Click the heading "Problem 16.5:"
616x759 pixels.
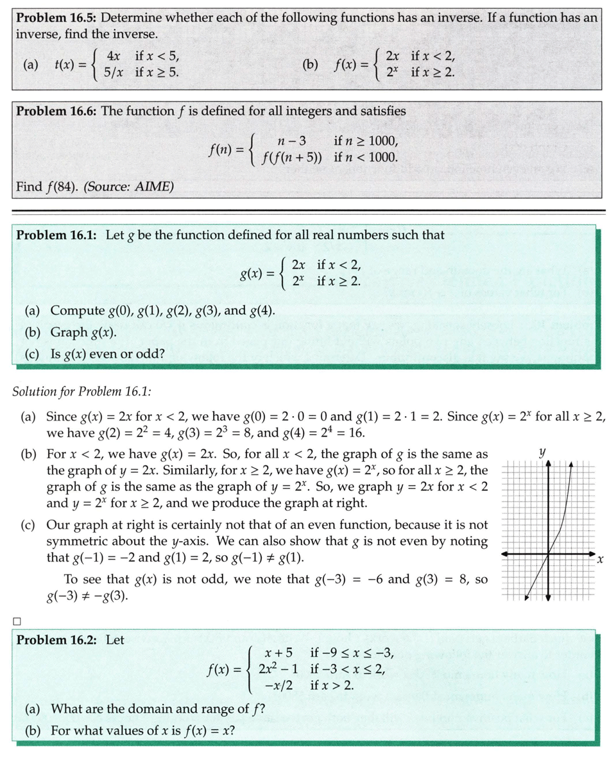(x=56, y=18)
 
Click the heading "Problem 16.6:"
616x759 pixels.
(x=56, y=111)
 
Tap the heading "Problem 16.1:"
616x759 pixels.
(x=56, y=235)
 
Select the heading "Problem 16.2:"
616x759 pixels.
(x=56, y=640)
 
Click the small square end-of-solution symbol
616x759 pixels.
(x=17, y=621)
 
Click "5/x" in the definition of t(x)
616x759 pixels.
(x=116, y=72)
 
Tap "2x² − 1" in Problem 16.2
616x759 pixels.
(x=276, y=670)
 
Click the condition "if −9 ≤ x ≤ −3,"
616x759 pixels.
(x=351, y=654)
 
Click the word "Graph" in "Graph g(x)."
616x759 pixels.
(x=69, y=332)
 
